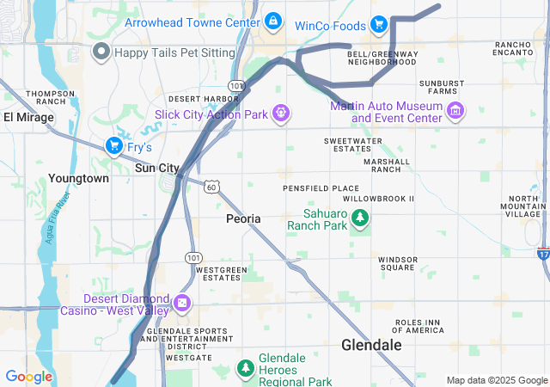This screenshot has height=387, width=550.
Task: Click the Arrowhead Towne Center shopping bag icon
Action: (272, 21)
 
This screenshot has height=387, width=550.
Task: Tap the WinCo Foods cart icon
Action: (378, 24)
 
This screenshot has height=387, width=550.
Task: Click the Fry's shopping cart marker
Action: (113, 147)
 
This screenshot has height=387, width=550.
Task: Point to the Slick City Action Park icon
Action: (280, 113)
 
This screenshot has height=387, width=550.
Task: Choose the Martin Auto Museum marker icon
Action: (455, 110)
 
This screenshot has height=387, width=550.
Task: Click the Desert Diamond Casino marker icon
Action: (181, 303)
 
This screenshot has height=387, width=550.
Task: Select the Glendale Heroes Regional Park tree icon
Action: (245, 369)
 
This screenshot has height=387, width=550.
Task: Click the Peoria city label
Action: (243, 219)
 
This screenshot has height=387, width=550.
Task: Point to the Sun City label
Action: (156, 169)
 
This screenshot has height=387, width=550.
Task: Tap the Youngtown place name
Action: (78, 178)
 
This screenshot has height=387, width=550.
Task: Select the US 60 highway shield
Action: (211, 186)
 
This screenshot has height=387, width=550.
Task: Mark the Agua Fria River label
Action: (61, 218)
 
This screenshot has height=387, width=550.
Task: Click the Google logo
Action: (28, 377)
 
